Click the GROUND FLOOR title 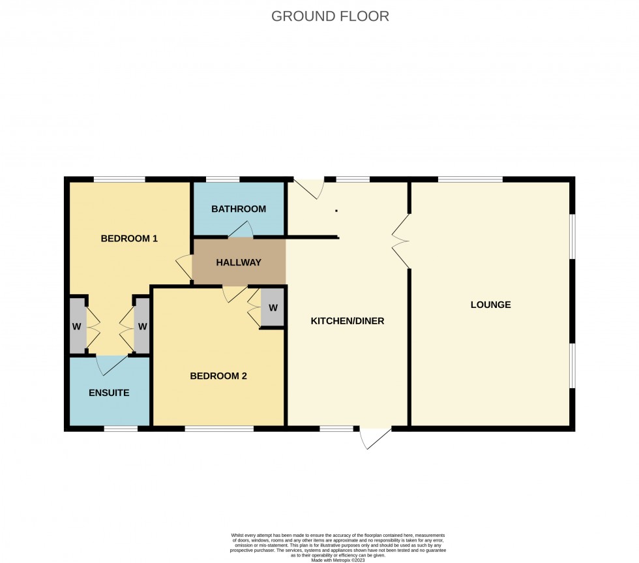click(x=330, y=16)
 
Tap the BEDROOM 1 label click(x=129, y=238)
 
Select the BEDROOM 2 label click(x=218, y=376)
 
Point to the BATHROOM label click(x=239, y=209)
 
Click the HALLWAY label click(x=239, y=262)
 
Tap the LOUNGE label click(x=490, y=305)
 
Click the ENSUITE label click(x=109, y=393)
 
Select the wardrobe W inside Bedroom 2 click(x=273, y=307)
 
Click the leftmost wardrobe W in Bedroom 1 click(x=77, y=326)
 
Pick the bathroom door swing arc click(x=242, y=230)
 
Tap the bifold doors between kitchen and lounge click(x=400, y=241)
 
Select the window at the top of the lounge click(x=469, y=179)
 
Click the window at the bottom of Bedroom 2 click(x=218, y=429)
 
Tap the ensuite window click(x=121, y=429)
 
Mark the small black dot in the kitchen click(x=336, y=211)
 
